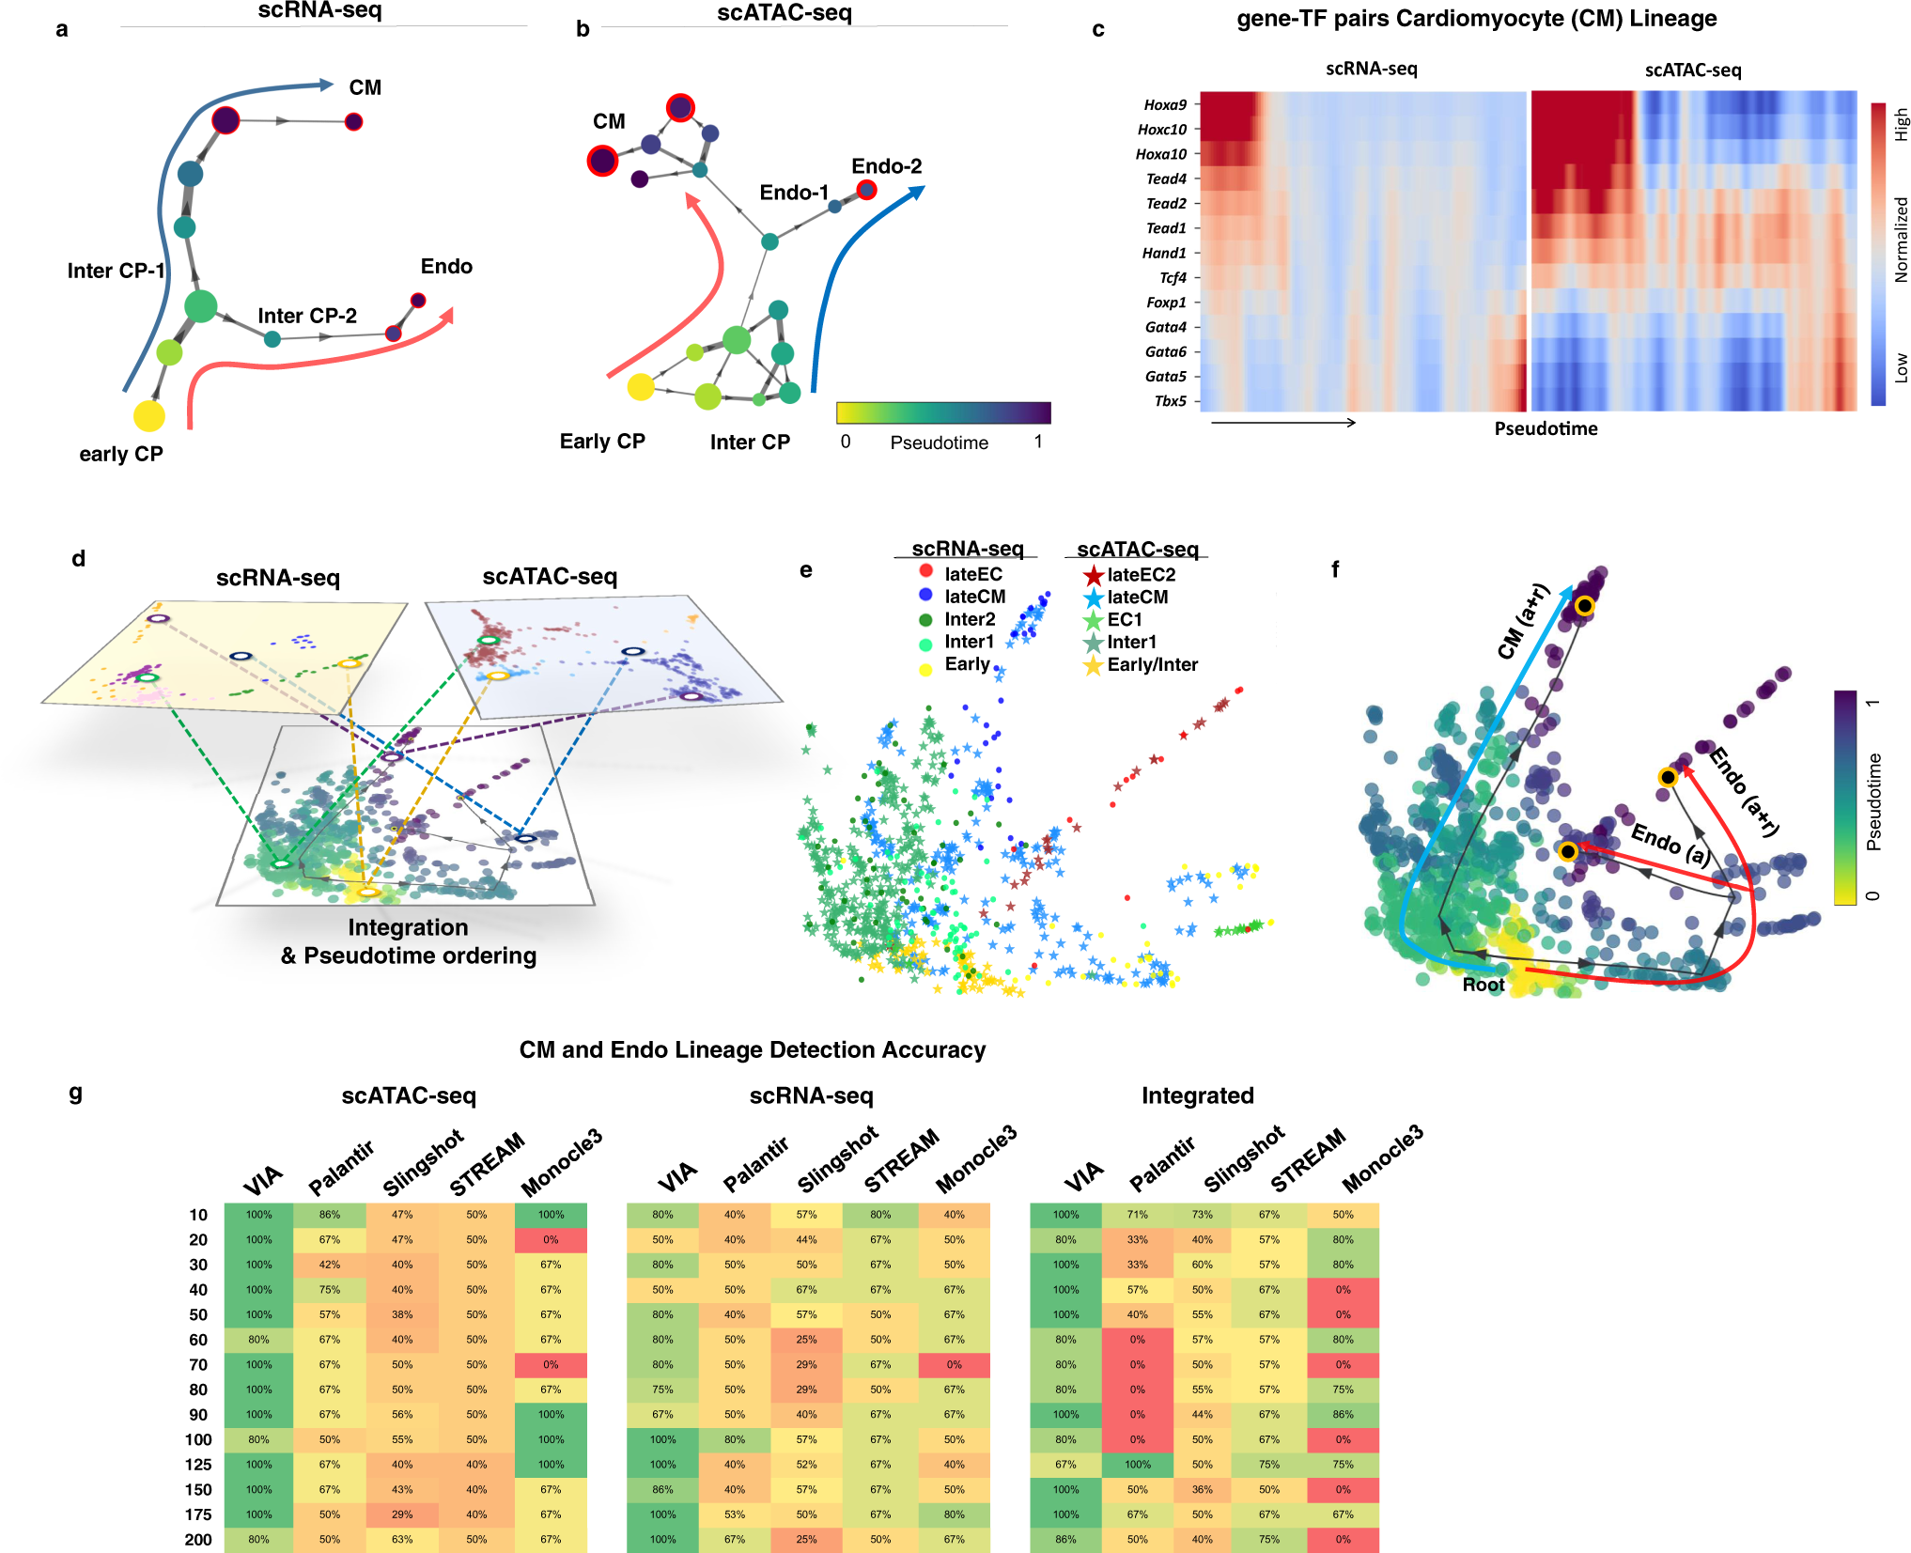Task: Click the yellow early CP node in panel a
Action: tap(148, 415)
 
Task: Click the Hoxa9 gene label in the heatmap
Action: tap(1165, 105)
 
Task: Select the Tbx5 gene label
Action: tap(1170, 401)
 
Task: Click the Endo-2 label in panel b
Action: tap(886, 166)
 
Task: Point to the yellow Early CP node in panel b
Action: tap(640, 386)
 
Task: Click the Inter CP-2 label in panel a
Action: tap(307, 316)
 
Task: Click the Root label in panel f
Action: tap(1483, 985)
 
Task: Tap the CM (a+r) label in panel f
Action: tap(1522, 622)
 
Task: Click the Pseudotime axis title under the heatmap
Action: tap(1546, 428)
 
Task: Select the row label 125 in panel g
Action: tap(198, 1465)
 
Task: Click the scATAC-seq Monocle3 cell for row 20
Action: tap(551, 1240)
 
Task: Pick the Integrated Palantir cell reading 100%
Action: tap(1137, 1465)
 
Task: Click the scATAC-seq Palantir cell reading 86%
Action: tap(329, 1215)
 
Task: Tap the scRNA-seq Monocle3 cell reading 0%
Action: tap(954, 1365)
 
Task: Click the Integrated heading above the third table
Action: tap(1197, 1095)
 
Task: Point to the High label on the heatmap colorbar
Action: tap(1901, 124)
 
